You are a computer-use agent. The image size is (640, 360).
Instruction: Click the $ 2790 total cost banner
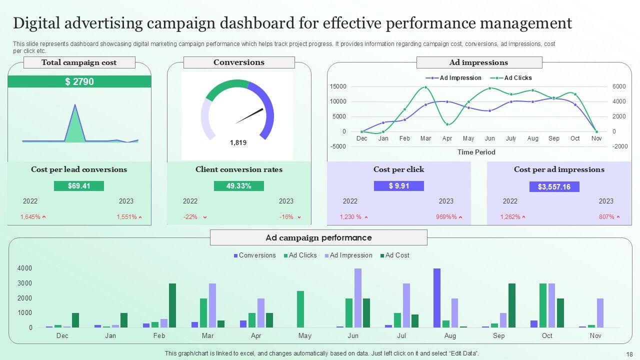[x=79, y=82]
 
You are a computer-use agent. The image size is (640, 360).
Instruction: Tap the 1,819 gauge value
[x=238, y=142]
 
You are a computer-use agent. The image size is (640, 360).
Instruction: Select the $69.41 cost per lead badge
[x=79, y=186]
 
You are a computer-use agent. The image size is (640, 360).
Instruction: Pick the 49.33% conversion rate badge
[x=238, y=186]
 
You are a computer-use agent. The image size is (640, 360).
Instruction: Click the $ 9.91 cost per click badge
[x=398, y=186]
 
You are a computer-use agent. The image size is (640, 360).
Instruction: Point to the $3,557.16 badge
[x=554, y=187]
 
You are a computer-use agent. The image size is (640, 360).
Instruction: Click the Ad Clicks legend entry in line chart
[x=517, y=78]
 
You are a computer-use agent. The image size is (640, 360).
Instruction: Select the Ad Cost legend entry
[x=397, y=255]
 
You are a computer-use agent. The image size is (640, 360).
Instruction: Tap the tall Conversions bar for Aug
[x=437, y=298]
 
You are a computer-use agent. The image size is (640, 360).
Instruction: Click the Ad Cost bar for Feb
[x=172, y=305]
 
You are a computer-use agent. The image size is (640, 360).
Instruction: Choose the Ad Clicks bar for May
[x=300, y=309]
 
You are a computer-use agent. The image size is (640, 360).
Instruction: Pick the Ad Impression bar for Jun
[x=357, y=298]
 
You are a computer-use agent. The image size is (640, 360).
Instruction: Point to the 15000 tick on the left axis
[x=338, y=86]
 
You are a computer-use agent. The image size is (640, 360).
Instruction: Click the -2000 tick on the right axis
[x=605, y=146]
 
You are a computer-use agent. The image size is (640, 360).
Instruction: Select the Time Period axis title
[x=476, y=152]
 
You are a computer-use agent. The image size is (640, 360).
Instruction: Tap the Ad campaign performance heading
[x=318, y=238]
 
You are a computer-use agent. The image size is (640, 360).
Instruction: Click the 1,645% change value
[x=30, y=217]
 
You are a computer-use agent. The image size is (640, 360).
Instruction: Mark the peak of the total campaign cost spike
[x=75, y=105]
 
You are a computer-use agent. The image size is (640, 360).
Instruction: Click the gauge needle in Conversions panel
[x=249, y=116]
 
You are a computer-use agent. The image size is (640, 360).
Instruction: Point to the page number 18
[x=629, y=354]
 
